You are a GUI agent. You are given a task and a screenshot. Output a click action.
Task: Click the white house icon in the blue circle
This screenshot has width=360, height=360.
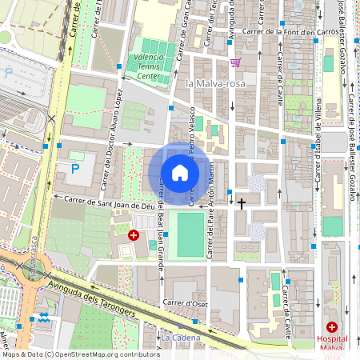click(180, 173)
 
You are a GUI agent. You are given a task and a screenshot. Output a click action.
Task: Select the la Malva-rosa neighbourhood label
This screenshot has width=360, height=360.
click(212, 83)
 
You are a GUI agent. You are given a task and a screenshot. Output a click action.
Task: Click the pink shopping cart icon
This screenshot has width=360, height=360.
click(234, 62)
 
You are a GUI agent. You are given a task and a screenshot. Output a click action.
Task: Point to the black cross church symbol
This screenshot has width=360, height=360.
click(242, 203)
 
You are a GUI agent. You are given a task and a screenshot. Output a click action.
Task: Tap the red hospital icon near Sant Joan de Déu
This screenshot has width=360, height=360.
click(134, 235)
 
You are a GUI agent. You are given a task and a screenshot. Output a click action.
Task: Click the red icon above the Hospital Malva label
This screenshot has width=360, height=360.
click(332, 326)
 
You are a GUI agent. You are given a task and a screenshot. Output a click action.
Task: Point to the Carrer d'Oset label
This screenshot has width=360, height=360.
click(186, 302)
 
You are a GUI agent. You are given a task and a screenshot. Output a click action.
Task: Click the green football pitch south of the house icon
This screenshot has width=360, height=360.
click(190, 234)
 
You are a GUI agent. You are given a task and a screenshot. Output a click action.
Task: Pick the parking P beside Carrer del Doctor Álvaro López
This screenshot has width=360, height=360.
click(75, 169)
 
